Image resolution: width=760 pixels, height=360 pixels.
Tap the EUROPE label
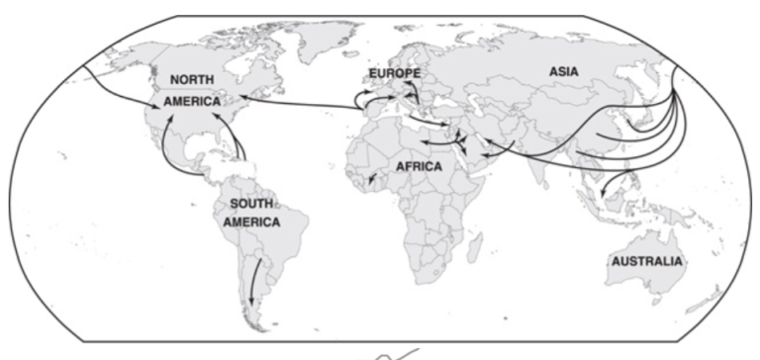point(395,74)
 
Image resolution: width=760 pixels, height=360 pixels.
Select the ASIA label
point(565,71)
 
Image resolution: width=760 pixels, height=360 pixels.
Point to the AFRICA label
point(420,167)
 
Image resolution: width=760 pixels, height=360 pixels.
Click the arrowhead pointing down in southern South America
point(250,301)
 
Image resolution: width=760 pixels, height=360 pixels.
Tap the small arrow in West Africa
point(369,182)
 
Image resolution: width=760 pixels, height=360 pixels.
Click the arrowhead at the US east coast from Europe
point(240,96)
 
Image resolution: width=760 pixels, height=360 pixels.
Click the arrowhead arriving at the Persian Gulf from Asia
point(485,140)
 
